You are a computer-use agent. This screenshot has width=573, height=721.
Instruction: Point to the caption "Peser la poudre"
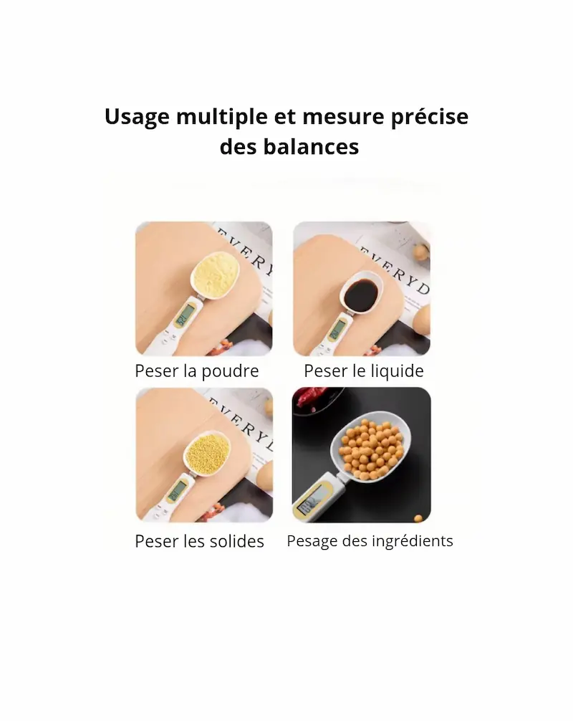point(197,371)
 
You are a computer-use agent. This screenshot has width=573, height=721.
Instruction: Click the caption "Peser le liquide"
point(364,371)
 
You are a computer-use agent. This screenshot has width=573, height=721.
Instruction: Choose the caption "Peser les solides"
point(199,541)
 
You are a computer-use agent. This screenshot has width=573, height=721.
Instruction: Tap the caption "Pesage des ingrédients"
point(370,541)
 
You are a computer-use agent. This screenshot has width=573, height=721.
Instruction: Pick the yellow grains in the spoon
point(207,449)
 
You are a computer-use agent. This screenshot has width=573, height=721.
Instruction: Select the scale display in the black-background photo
point(310,500)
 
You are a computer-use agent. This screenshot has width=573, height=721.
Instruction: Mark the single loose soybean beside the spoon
point(418,517)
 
